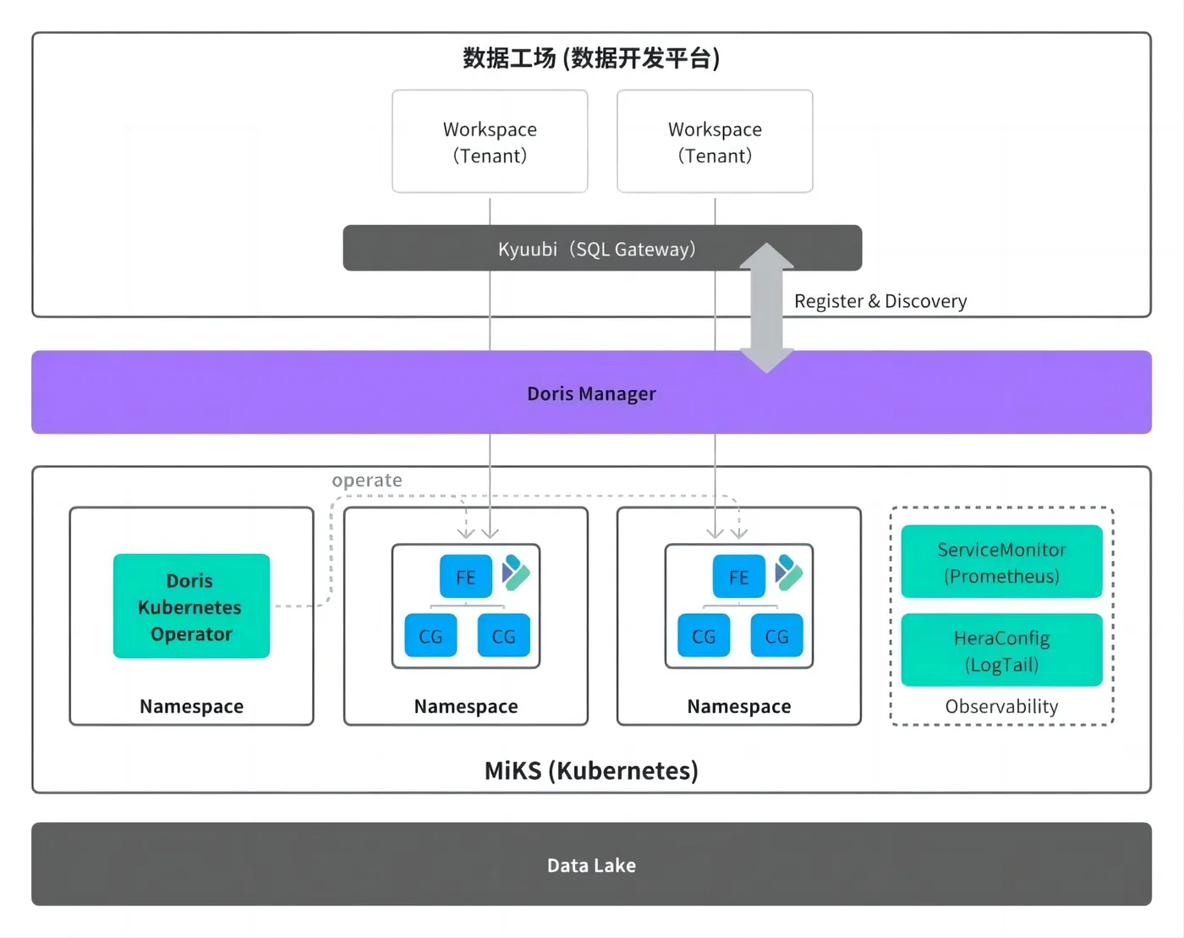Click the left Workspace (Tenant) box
[x=490, y=142]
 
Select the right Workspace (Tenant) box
[x=715, y=142]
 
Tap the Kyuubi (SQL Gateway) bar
[x=596, y=249]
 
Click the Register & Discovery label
[x=880, y=301]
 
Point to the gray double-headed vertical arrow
[x=766, y=308]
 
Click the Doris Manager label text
[x=591, y=393]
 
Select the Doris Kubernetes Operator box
[x=191, y=606]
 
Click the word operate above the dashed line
[x=367, y=480]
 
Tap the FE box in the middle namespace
[x=465, y=577]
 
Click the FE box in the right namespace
[x=738, y=577]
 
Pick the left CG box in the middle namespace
[x=430, y=636]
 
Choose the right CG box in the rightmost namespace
[x=776, y=636]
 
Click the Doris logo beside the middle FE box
[x=516, y=573]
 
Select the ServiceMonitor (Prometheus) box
[x=1001, y=562]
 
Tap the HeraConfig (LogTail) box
[x=1001, y=650]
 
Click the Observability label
[x=1001, y=706]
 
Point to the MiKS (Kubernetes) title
[x=591, y=771]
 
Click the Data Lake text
[x=591, y=865]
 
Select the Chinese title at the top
[x=591, y=58]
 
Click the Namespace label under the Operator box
[x=191, y=706]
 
